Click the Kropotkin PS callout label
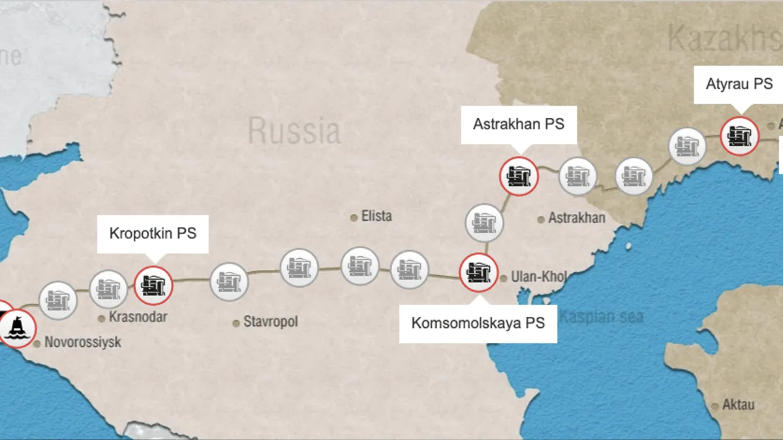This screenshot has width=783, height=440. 153,233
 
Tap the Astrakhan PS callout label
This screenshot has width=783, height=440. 519,124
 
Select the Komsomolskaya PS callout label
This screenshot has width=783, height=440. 478,323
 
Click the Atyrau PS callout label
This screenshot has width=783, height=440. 739,84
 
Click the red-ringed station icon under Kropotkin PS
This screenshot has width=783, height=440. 153,286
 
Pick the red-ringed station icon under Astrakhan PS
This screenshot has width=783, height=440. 519,176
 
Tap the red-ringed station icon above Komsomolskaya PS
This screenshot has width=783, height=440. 479,272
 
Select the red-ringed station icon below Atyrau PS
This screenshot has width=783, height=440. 739,136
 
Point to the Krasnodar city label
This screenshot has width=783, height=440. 138,317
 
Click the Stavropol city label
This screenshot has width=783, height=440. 270,322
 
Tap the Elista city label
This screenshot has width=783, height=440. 376,216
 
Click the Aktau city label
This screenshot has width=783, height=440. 738,405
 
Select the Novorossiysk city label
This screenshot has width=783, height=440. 82,342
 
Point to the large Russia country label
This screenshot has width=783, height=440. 294,130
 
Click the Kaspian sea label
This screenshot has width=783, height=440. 601,317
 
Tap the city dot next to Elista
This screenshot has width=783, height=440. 354,217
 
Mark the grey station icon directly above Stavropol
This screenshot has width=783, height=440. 230,282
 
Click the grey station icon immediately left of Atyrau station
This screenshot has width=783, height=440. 688,146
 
